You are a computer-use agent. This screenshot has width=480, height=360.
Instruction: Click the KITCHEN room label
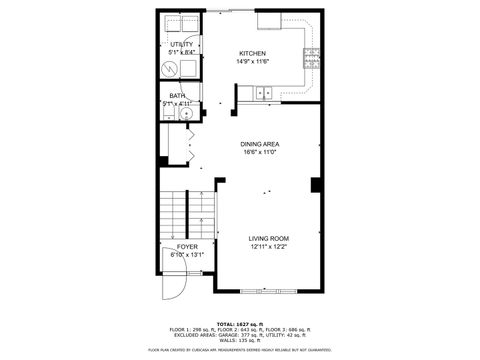click(x=252, y=53)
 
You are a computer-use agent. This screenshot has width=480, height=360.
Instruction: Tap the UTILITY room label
click(x=181, y=45)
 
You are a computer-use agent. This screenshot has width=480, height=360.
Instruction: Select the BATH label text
click(x=177, y=96)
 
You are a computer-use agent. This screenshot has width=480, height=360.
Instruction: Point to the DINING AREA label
click(x=259, y=145)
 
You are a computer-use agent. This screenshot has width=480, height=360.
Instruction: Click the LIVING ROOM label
click(x=268, y=238)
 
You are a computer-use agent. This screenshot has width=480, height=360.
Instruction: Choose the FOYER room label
click(x=187, y=246)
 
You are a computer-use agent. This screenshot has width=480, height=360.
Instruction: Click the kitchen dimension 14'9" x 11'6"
click(x=252, y=62)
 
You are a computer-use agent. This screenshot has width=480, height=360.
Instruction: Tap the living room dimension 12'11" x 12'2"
click(x=268, y=247)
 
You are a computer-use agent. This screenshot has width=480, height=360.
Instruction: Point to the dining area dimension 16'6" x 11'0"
click(x=259, y=154)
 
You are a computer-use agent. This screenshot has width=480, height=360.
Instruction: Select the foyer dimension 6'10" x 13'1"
click(x=187, y=255)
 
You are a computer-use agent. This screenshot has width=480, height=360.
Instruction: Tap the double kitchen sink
click(x=263, y=93)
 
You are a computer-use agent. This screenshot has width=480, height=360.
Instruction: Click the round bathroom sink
click(x=186, y=114)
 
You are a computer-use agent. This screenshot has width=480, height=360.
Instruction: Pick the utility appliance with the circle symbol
click(x=171, y=68)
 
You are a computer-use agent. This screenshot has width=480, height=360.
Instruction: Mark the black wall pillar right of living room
click(x=315, y=185)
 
